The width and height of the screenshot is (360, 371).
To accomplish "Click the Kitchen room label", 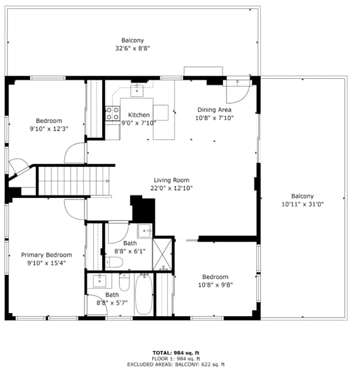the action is tap(139, 115).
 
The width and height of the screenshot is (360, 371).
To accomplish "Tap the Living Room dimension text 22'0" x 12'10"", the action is tap(171, 188).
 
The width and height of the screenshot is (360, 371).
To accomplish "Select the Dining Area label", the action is tap(214, 110).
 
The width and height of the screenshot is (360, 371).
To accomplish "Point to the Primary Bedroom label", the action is tap(47, 255).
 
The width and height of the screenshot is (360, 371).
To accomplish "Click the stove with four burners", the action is tap(112, 113).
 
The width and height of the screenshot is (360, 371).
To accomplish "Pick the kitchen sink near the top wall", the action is tap(137, 91).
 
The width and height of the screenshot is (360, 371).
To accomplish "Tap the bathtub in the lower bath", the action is tap(144, 294).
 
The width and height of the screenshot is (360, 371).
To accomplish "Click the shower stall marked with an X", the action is tap(162, 254).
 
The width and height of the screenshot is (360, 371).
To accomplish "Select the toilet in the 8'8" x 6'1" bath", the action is tap(114, 262).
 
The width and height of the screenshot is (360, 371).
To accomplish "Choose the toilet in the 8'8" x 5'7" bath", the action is tap(124, 282).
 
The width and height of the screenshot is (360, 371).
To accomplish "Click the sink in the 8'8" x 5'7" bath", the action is tap(100, 281).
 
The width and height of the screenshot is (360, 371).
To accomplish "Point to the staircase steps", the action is tap(74, 181).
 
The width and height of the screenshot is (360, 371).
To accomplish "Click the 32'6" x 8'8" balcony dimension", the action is tap(133, 48).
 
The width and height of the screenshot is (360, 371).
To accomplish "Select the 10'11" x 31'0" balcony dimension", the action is tap(303, 204).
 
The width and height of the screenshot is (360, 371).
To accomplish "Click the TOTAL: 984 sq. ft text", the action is tap(176, 353).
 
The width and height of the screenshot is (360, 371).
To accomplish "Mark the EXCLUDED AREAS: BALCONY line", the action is tap(176, 365).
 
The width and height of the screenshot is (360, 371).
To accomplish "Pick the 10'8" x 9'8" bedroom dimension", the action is tap(215, 285).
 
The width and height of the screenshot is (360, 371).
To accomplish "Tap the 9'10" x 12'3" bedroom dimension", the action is tap(49, 129).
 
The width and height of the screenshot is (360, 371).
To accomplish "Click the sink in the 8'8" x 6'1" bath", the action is tap(145, 231).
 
